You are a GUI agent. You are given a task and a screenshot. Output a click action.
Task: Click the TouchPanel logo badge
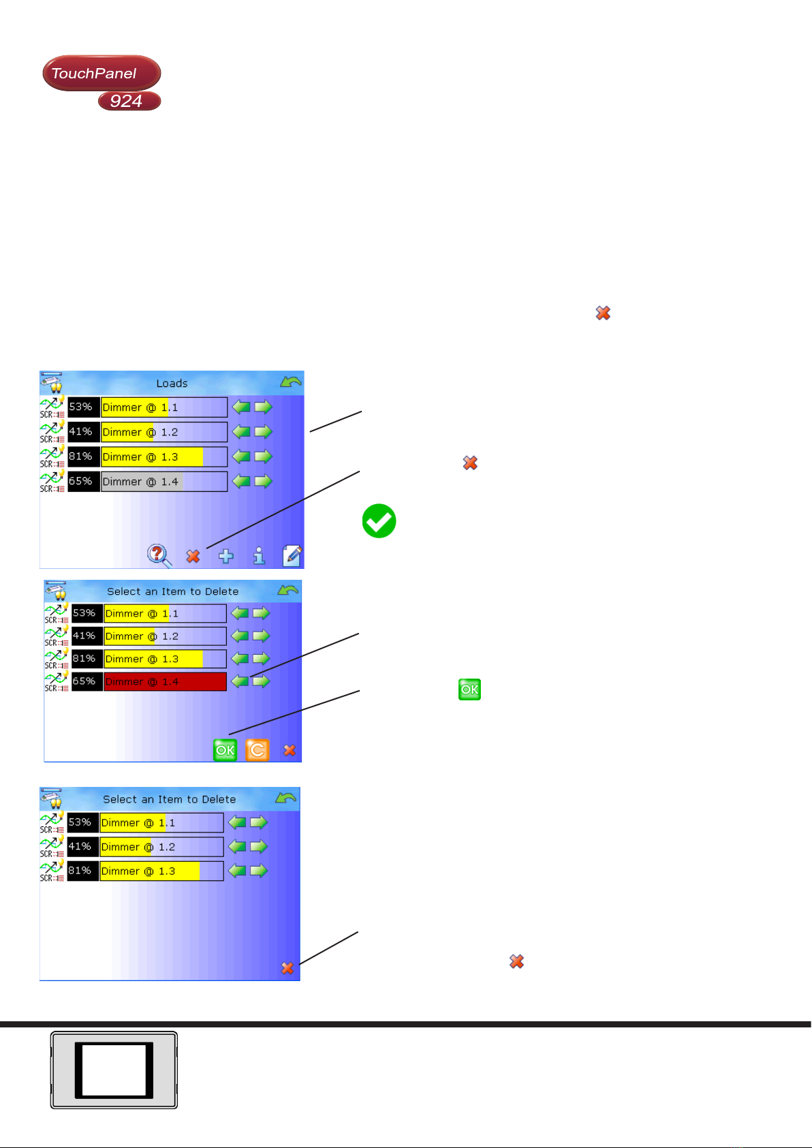(x=101, y=73)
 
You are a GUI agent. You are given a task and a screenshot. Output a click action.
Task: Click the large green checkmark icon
(x=379, y=521)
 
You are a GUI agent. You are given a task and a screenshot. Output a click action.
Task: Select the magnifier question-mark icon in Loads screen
(x=159, y=555)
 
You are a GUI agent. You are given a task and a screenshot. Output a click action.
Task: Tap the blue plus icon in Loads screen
(x=226, y=556)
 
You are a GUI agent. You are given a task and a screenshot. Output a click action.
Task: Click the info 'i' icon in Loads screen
(x=259, y=556)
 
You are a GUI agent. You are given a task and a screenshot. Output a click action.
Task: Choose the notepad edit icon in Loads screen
(x=292, y=556)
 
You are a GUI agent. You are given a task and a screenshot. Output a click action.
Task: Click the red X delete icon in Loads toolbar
(x=193, y=556)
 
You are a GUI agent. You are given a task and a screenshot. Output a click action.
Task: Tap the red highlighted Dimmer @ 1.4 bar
(x=165, y=681)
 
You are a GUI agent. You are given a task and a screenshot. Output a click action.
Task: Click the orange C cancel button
(x=257, y=750)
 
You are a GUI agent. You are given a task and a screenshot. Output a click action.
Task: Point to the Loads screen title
(x=172, y=383)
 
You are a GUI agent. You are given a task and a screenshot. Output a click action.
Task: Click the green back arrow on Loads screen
(x=291, y=382)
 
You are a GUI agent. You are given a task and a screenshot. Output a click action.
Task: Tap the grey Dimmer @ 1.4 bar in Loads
(x=164, y=482)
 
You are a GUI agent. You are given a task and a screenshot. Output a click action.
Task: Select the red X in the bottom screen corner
(x=287, y=967)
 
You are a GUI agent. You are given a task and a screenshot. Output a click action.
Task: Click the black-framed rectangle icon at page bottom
(x=114, y=1070)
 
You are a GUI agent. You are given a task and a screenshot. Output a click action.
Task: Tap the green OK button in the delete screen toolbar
(x=225, y=750)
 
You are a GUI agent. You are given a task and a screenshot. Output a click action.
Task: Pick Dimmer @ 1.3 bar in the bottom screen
(x=161, y=871)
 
